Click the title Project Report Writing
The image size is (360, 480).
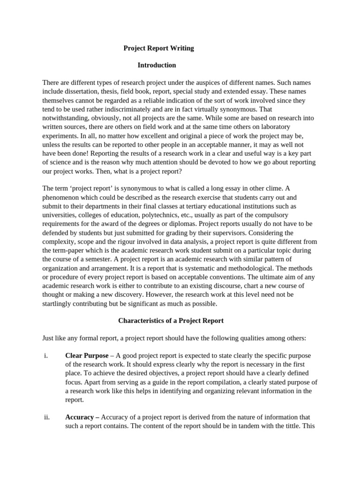tap(158, 48)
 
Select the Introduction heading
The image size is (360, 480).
tap(157, 65)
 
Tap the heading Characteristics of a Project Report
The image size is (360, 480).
tap(171, 321)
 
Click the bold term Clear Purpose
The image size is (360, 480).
tap(87, 356)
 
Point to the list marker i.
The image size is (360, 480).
tap(45, 356)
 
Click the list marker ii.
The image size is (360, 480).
tap(46, 417)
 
